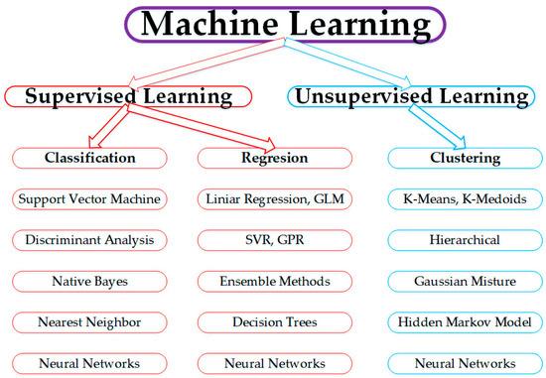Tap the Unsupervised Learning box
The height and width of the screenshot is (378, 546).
pos(408,96)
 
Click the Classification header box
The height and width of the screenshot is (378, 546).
pos(88,158)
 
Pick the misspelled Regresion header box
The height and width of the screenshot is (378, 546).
pos(276,158)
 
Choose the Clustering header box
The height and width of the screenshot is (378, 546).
pos(466,158)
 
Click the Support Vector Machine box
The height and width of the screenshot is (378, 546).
pos(88,198)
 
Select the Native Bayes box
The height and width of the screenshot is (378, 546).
pos(88,281)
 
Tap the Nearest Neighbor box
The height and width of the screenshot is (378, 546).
pos(88,322)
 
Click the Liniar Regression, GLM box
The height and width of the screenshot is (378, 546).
pos(276,198)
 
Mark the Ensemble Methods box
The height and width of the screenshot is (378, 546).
pos(276,281)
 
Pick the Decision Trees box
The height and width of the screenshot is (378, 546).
pos(276,322)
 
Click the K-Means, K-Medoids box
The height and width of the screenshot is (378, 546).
pos(466,198)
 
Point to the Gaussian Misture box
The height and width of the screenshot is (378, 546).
pos(466,281)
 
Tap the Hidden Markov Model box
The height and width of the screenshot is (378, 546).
pos(466,322)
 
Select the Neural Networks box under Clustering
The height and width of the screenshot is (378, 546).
pos(466,363)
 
